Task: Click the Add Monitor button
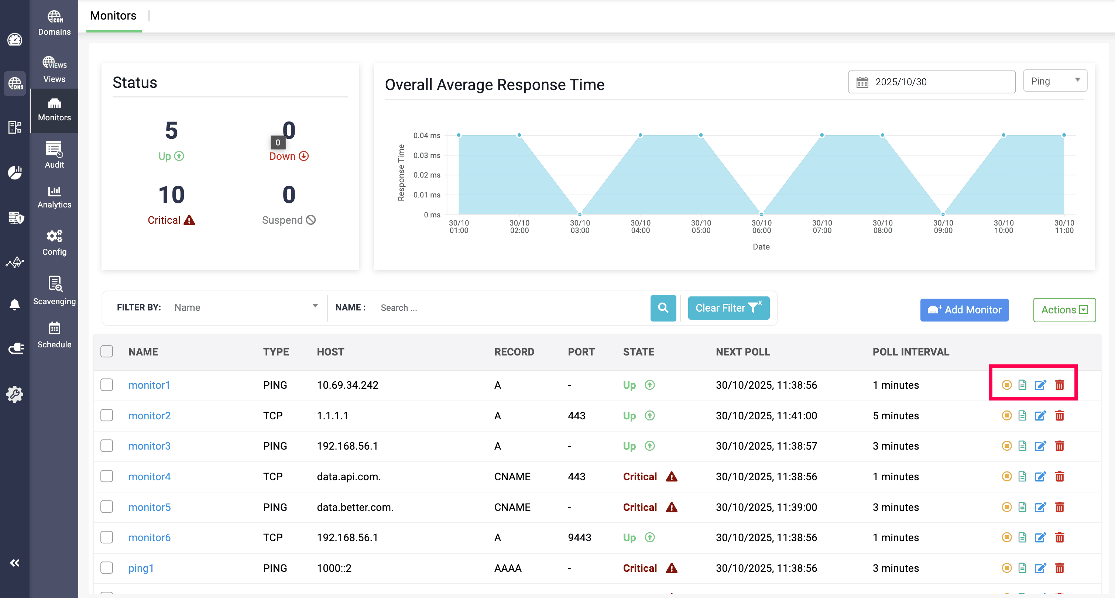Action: click(x=964, y=310)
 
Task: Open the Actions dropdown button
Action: click(x=1064, y=310)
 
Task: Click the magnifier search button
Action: click(x=663, y=307)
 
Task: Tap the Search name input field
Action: click(x=511, y=307)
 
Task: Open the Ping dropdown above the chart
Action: click(x=1054, y=81)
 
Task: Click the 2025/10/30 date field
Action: click(x=932, y=82)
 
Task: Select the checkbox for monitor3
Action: click(x=106, y=446)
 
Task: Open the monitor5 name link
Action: click(x=149, y=507)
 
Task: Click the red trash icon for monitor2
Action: click(x=1059, y=416)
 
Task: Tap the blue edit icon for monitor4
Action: click(x=1040, y=477)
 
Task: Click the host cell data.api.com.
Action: click(x=349, y=477)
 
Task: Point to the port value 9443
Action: click(x=579, y=537)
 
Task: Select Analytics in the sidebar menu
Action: click(x=54, y=197)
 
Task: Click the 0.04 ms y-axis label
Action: click(x=426, y=135)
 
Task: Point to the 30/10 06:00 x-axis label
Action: click(x=761, y=226)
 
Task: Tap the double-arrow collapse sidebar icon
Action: click(x=15, y=563)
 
